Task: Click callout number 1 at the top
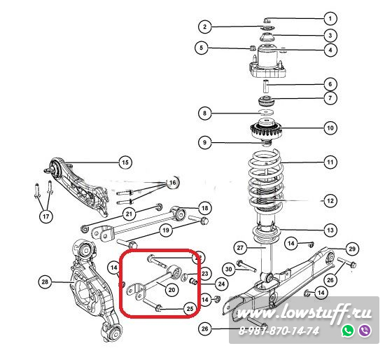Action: (x=330, y=18)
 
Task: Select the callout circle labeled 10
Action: (x=330, y=128)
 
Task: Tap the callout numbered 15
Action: (x=125, y=162)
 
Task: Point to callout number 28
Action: (x=45, y=282)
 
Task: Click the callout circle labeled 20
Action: (x=171, y=290)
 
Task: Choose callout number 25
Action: (x=190, y=308)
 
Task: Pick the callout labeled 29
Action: (x=352, y=249)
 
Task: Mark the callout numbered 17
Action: (x=46, y=216)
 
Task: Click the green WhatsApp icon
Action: (x=349, y=330)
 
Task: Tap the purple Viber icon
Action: (x=365, y=330)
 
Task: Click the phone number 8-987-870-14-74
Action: (x=279, y=331)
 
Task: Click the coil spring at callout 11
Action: (x=266, y=180)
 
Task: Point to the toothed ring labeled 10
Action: (x=266, y=130)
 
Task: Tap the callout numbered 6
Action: (x=330, y=84)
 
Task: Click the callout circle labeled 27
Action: (x=240, y=248)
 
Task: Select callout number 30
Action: (x=229, y=269)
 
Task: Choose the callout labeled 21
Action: (x=129, y=214)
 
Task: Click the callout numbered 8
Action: (x=204, y=113)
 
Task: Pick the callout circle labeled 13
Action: (x=330, y=230)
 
